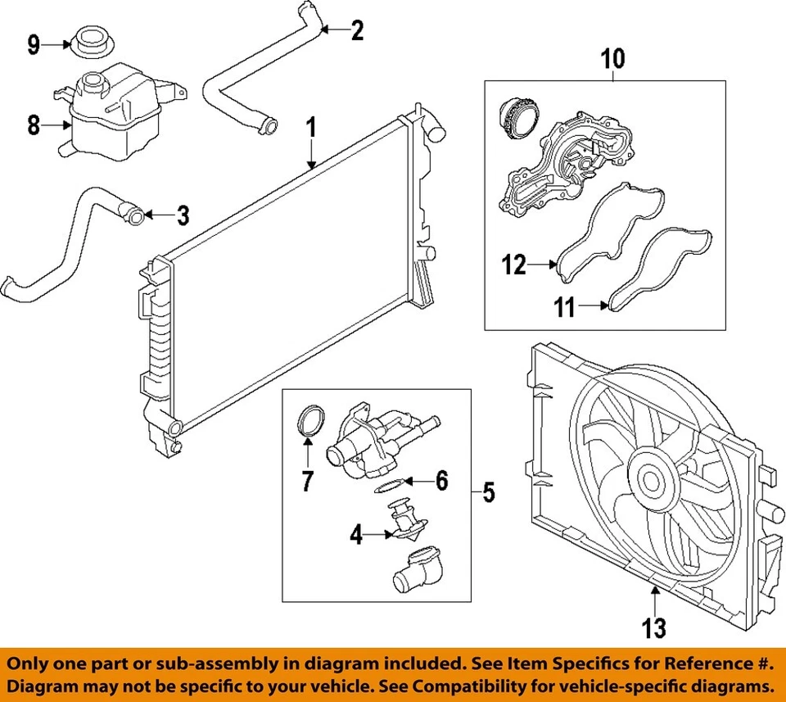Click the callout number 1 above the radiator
[310, 128]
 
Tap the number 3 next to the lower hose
[183, 216]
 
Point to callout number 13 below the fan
[654, 628]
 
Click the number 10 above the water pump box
[612, 59]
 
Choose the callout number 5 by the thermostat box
[488, 492]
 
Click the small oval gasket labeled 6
[386, 488]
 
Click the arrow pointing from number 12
[542, 265]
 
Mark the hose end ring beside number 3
[134, 216]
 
